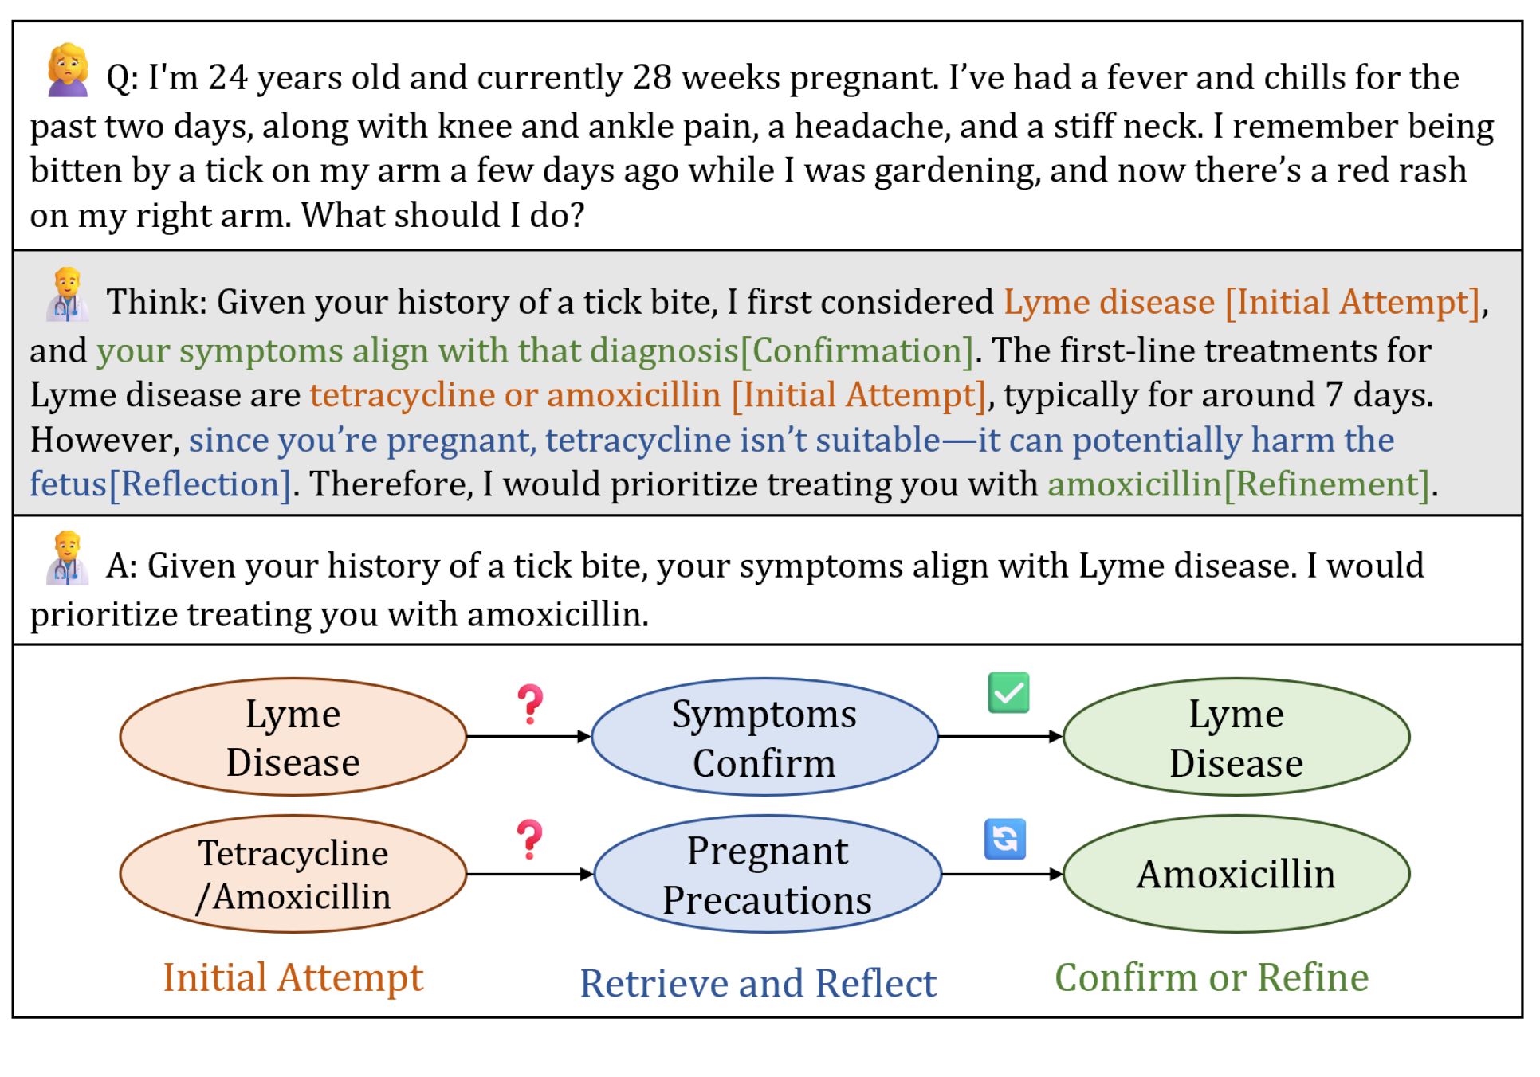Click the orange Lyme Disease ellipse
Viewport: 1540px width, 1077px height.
pyautogui.click(x=293, y=737)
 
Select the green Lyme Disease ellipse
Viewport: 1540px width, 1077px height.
pyautogui.click(x=1236, y=737)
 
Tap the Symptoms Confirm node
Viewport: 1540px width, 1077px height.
pyautogui.click(x=764, y=737)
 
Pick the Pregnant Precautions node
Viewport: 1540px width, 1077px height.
pyautogui.click(x=767, y=874)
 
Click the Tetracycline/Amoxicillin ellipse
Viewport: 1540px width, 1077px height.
pyautogui.click(x=293, y=874)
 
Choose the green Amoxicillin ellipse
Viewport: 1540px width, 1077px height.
pyautogui.click(x=1236, y=874)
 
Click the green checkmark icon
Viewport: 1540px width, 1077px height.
pyautogui.click(x=1008, y=692)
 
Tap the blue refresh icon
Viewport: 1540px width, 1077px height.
pyautogui.click(x=1005, y=840)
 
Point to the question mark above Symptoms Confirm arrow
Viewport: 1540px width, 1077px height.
pyautogui.click(x=530, y=704)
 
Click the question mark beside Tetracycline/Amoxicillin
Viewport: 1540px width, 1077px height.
pyautogui.click(x=529, y=840)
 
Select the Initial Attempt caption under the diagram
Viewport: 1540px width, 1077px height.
pyautogui.click(x=293, y=977)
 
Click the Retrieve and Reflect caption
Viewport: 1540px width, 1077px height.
pyautogui.click(x=757, y=983)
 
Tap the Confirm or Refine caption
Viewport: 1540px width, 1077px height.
pyautogui.click(x=1212, y=977)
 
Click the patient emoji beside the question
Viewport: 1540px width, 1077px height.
pyautogui.click(x=68, y=70)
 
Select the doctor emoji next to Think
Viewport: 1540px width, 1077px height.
pyautogui.click(x=68, y=295)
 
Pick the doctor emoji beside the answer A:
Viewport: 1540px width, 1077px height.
pyautogui.click(x=68, y=558)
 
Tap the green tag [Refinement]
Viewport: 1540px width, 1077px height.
pyautogui.click(x=1326, y=484)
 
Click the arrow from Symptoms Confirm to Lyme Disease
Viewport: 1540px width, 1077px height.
pyautogui.click(x=1000, y=737)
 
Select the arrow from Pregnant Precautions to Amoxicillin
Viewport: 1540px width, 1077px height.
pyautogui.click(x=1002, y=874)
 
